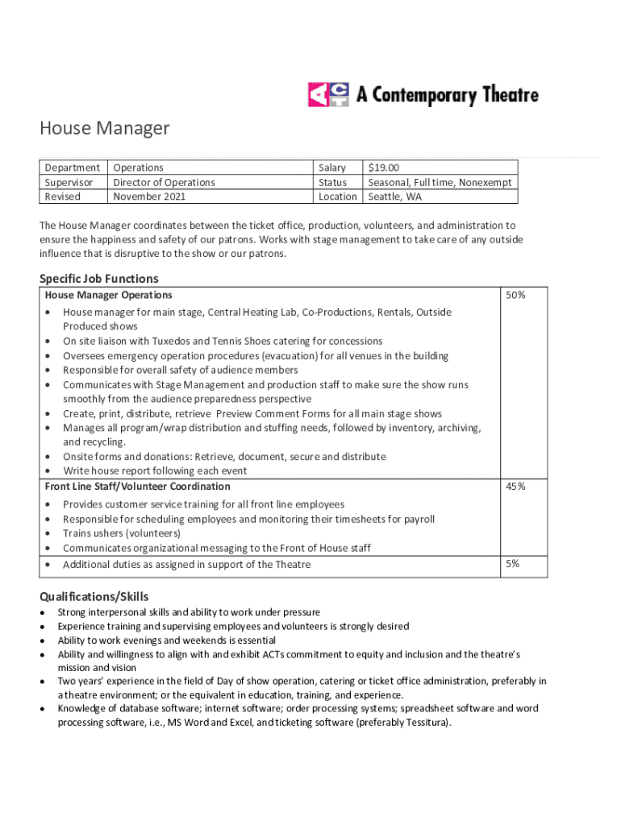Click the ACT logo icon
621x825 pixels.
click(x=327, y=95)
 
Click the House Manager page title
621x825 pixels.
click(x=105, y=128)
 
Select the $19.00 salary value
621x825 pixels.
click(x=384, y=168)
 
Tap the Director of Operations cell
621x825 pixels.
click(x=164, y=182)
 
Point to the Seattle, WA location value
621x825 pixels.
click(x=394, y=197)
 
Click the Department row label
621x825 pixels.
click(x=73, y=168)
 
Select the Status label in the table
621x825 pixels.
click(x=332, y=182)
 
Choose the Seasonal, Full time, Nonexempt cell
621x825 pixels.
click(x=440, y=182)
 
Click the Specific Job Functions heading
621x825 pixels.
click(x=99, y=279)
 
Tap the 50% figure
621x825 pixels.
click(x=515, y=296)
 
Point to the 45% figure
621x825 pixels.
click(x=515, y=487)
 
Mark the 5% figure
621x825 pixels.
click(x=513, y=564)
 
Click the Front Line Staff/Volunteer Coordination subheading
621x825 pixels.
click(x=137, y=487)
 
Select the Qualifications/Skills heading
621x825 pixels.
click(x=94, y=597)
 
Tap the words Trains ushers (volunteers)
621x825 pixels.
click(x=122, y=533)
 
